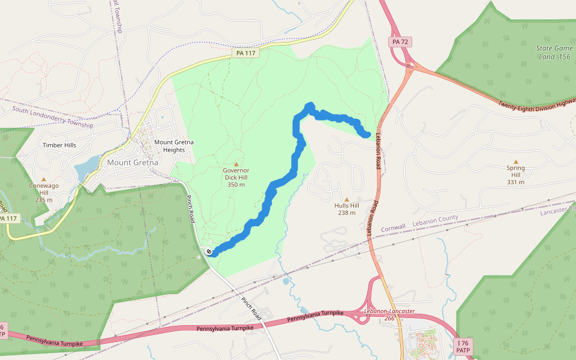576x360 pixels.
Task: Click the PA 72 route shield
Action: click(400, 42)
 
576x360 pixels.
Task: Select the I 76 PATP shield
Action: click(463, 346)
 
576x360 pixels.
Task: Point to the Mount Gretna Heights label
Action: click(173, 146)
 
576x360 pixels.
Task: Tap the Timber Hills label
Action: click(59, 145)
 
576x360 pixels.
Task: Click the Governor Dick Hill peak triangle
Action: click(236, 164)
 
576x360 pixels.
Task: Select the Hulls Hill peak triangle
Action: click(347, 199)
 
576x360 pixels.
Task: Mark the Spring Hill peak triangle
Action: click(515, 161)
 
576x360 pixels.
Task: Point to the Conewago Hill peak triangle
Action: click(43, 179)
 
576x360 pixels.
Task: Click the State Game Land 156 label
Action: click(553, 52)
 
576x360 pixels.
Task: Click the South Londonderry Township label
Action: click(53, 118)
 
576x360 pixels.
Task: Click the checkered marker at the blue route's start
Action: click(208, 252)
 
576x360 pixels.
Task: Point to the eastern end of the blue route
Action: click(367, 134)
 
